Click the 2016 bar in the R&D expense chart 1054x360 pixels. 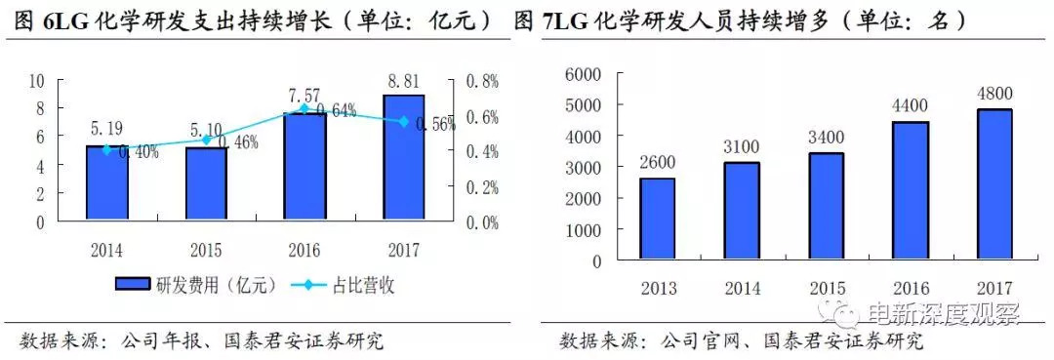tap(304, 167)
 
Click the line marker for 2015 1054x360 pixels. tap(206, 140)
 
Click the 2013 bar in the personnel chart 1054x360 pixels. tap(657, 220)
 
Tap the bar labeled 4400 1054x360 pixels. tap(912, 191)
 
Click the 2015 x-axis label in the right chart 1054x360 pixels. tap(826, 290)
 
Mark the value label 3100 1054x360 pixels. tap(742, 147)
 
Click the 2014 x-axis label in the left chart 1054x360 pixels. tap(107, 249)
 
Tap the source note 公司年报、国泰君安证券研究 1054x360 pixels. tap(251, 341)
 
